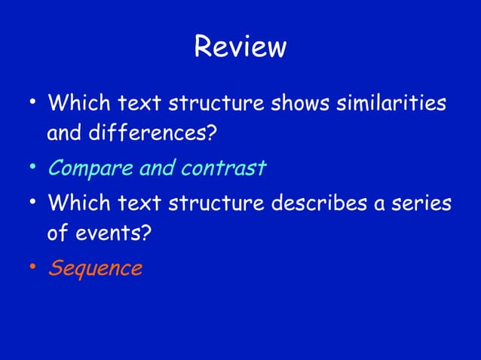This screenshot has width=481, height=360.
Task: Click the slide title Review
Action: click(240, 47)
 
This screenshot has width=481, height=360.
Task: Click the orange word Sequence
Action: click(96, 268)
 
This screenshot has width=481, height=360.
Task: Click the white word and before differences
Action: click(65, 136)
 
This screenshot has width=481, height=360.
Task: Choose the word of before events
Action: click(58, 234)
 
